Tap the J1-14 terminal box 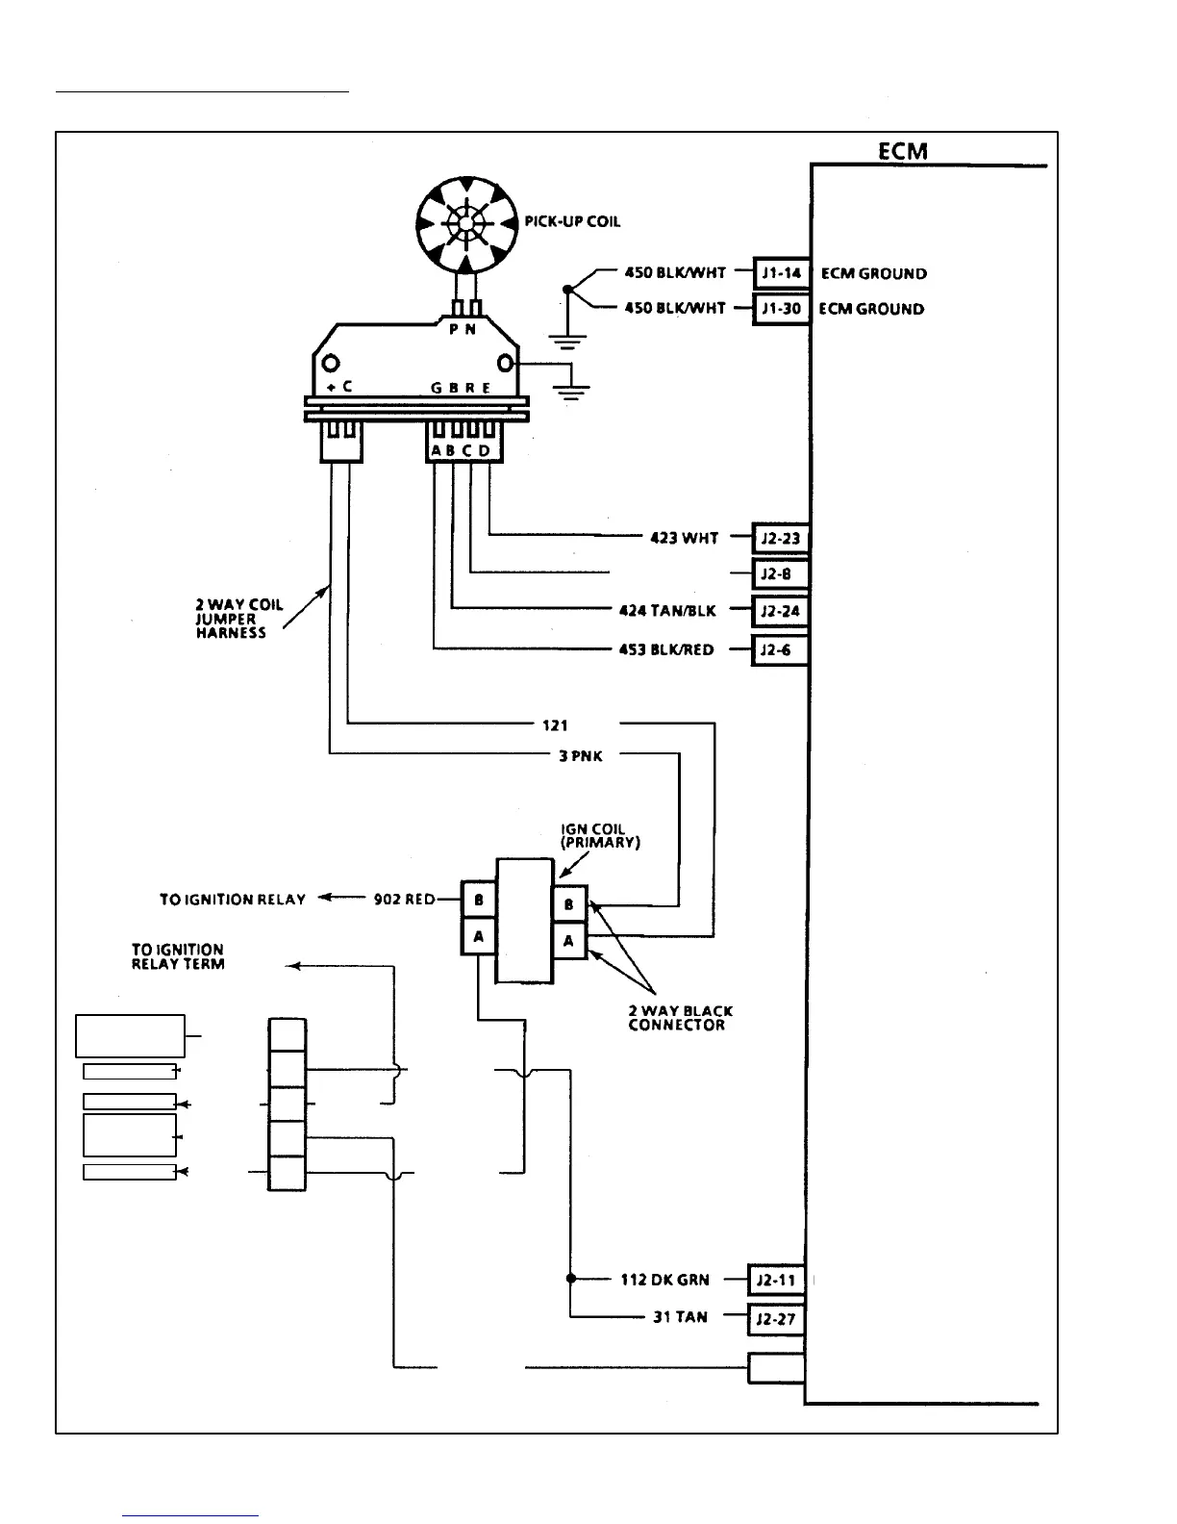781,273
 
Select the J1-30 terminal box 781,309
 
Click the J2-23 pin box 780,538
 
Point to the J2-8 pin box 780,574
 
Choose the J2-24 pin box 780,611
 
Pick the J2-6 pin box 780,649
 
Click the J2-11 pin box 776,1280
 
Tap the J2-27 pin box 776,1318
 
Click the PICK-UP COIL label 572,221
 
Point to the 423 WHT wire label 685,538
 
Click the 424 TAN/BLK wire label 667,610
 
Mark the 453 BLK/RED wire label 666,649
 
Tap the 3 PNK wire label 581,756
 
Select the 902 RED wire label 404,900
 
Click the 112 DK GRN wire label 664,1280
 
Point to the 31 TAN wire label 680,1317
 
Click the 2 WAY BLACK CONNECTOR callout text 680,1018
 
